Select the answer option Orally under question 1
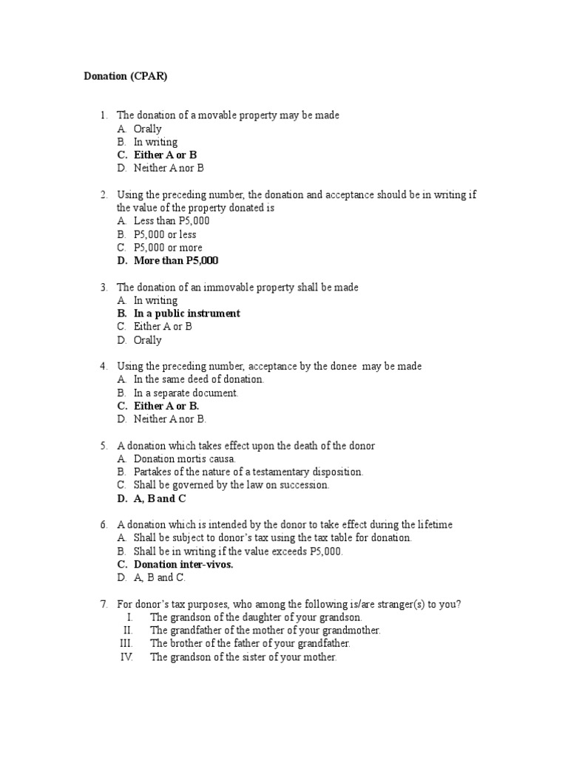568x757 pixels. (x=147, y=129)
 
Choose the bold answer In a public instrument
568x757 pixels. (x=186, y=313)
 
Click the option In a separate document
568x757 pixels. (x=186, y=393)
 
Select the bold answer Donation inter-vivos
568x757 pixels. (x=183, y=565)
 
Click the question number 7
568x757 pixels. (x=104, y=604)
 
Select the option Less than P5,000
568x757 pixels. (x=172, y=221)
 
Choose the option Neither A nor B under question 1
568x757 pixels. (x=169, y=169)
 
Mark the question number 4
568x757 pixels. (x=104, y=367)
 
